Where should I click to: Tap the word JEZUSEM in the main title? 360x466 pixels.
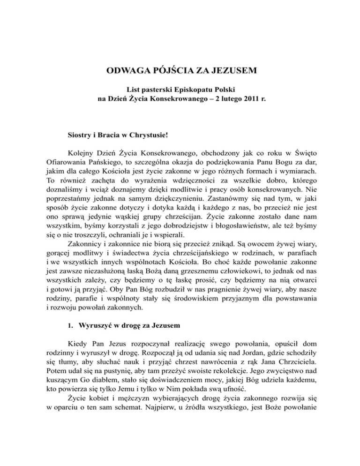tap(232, 72)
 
